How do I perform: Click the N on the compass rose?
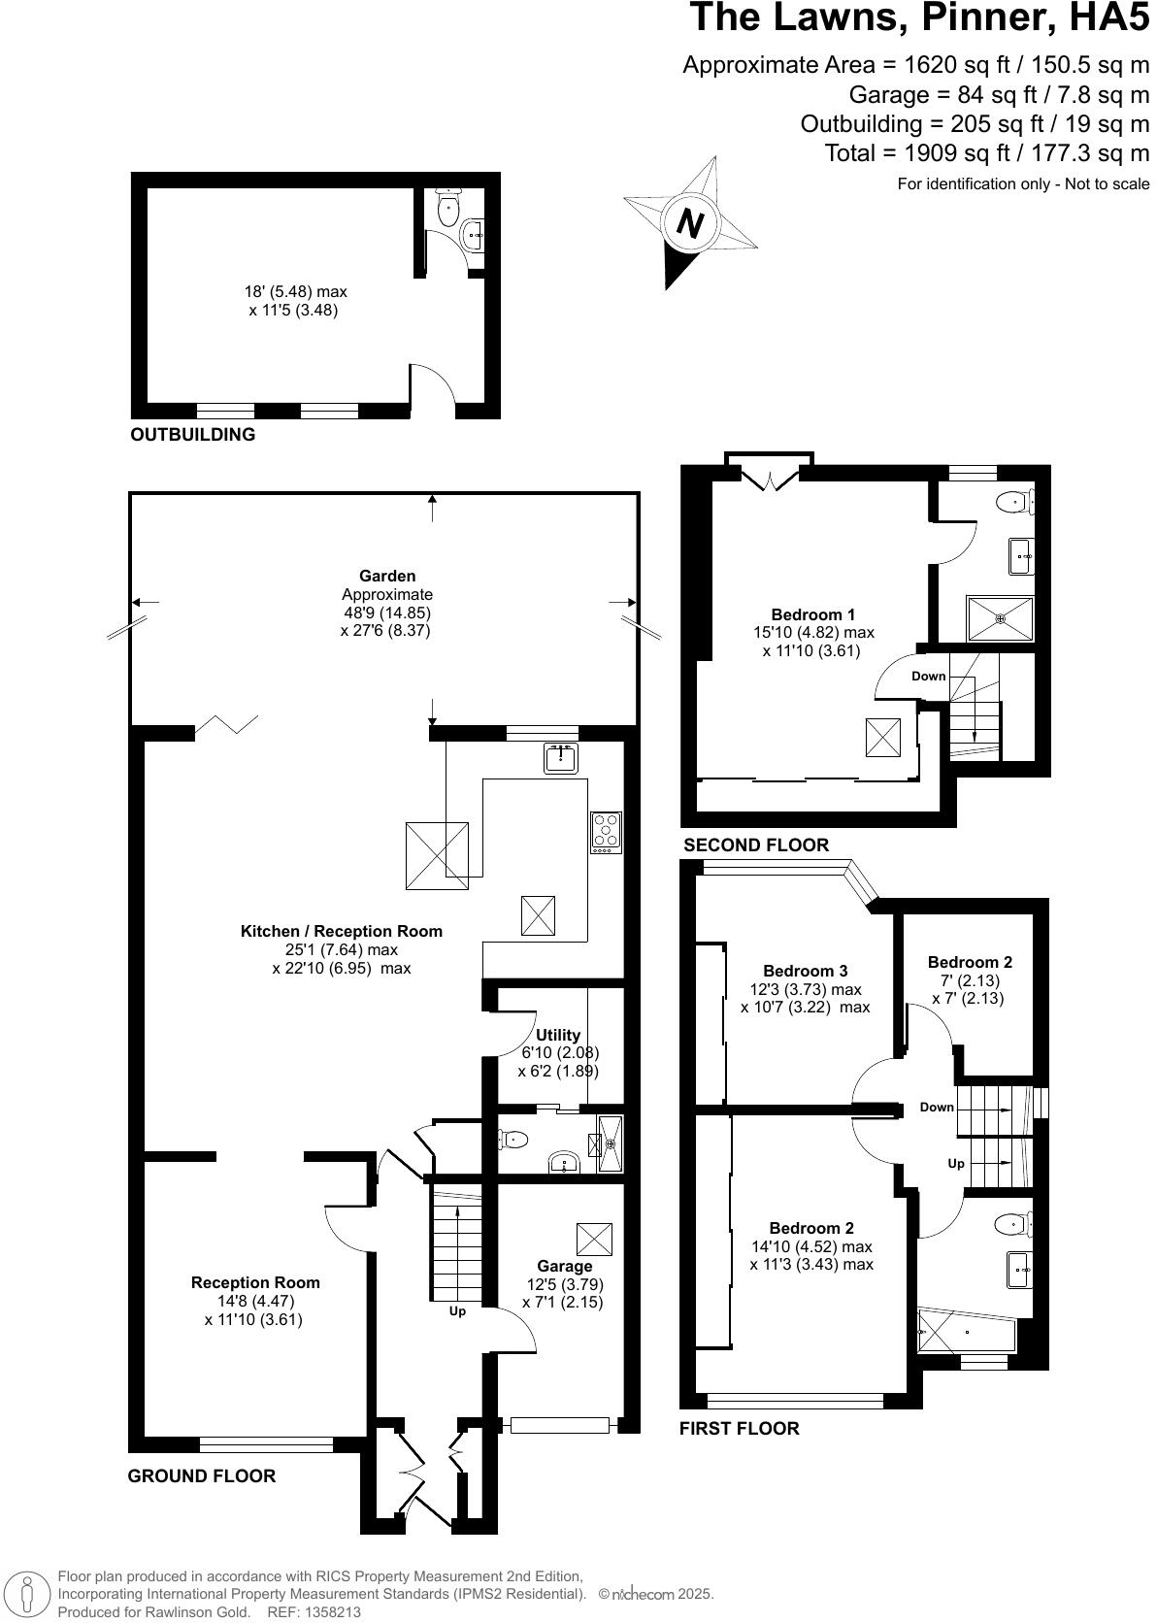point(690,224)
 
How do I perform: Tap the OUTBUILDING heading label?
point(193,435)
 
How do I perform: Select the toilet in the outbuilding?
point(448,207)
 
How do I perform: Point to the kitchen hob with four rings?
point(607,832)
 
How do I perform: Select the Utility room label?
point(558,1035)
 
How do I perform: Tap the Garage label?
point(564,1266)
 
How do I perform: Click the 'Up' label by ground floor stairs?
point(457,1311)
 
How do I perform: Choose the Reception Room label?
point(255,1282)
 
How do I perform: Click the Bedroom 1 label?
point(812,614)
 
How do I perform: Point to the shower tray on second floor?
point(1000,617)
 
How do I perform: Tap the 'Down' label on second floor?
point(928,676)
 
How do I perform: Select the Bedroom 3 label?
point(805,971)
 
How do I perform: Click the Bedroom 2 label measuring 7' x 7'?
point(969,963)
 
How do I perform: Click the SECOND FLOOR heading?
point(756,845)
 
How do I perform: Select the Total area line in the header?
point(986,153)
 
